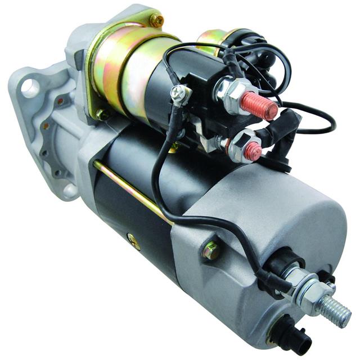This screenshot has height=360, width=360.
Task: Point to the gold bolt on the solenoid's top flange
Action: pos(156,21)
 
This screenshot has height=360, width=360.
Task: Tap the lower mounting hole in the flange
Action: pos(69,190)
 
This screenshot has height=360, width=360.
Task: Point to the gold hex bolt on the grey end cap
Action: pos(211,250)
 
